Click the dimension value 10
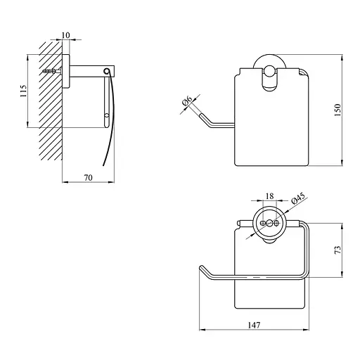pyautogui.click(x=66, y=35)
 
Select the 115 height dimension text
pyautogui.click(x=23, y=91)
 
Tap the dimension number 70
pyautogui.click(x=89, y=178)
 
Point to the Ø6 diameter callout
pyautogui.click(x=187, y=101)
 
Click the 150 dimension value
pyautogui.click(x=337, y=110)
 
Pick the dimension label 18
pyautogui.click(x=270, y=196)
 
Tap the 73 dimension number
pyautogui.click(x=337, y=250)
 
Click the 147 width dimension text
pyautogui.click(x=254, y=325)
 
